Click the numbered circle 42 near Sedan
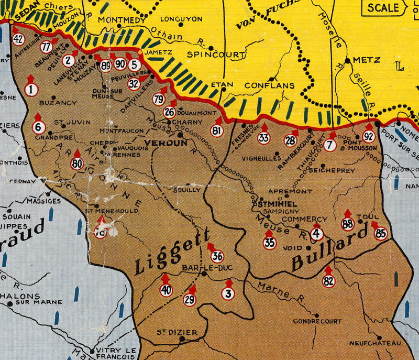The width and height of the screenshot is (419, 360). [18, 39]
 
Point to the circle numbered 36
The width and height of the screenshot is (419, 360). [217, 256]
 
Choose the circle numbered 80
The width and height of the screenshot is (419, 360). [78, 164]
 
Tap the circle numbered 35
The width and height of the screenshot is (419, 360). [270, 243]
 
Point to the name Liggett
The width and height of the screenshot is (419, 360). [172, 252]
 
